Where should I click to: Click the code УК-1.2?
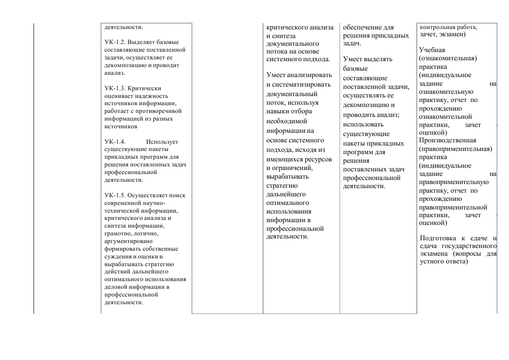[114, 42]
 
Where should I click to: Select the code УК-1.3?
[114, 88]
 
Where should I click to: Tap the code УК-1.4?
[114, 142]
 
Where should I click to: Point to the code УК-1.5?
[114, 195]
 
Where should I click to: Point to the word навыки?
[278, 111]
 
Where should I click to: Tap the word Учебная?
[432, 49]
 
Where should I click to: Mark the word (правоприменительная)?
[456, 148]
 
